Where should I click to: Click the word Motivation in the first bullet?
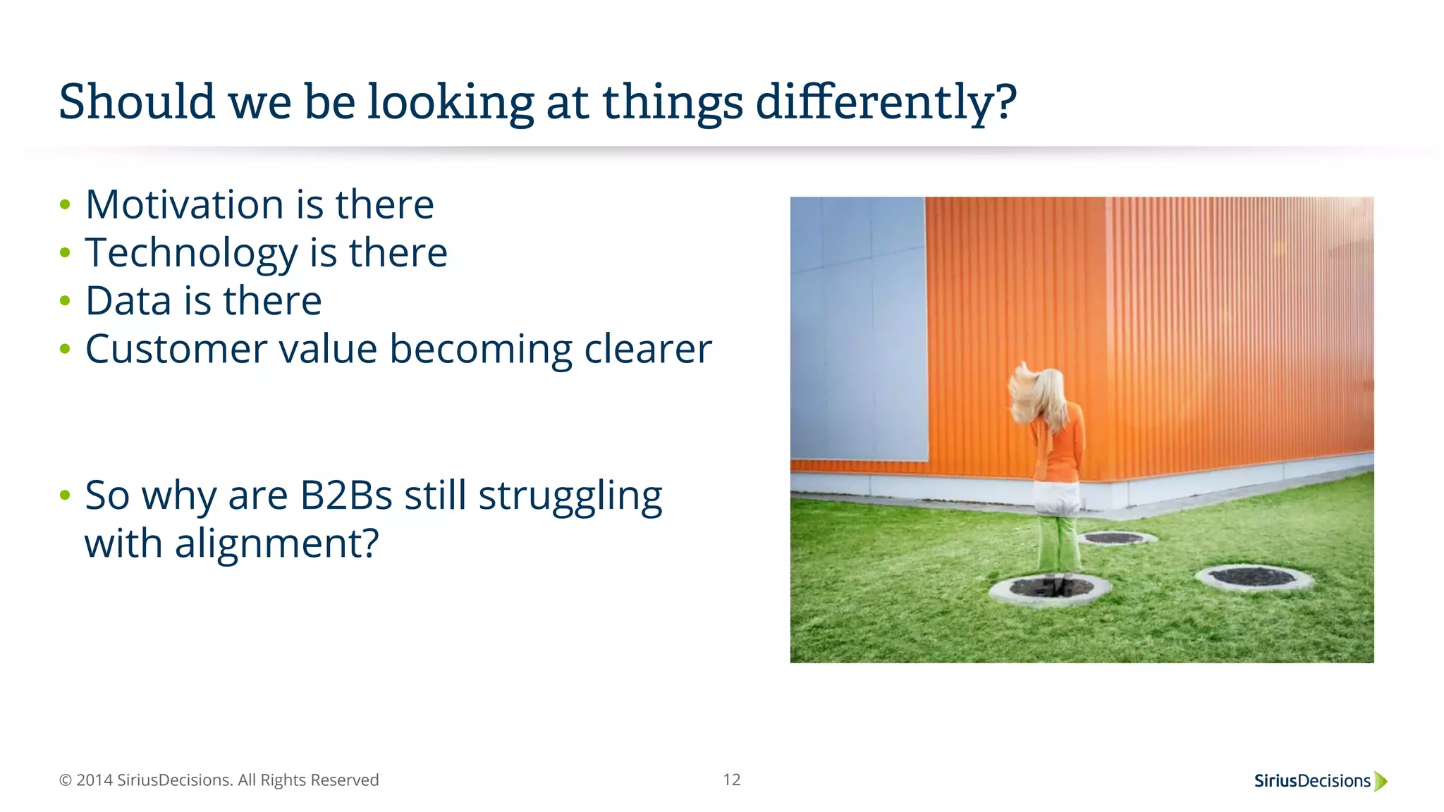(184, 205)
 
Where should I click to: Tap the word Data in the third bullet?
(128, 302)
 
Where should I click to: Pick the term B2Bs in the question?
(345, 496)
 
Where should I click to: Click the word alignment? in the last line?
(276, 544)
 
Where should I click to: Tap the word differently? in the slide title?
(886, 103)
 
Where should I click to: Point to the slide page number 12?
(731, 780)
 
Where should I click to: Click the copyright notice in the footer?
(219, 780)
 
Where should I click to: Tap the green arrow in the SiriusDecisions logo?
(1381, 781)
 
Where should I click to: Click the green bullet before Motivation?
(66, 205)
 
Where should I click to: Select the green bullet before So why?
(66, 496)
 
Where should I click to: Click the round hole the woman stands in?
(1051, 588)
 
